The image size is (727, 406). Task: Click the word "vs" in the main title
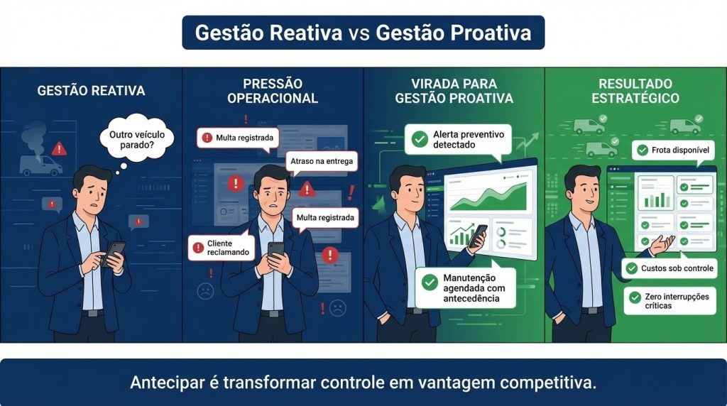pyautogui.click(x=359, y=33)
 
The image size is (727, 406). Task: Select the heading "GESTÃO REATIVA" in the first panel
pyautogui.click(x=91, y=91)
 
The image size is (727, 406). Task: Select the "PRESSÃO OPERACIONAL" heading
pyautogui.click(x=273, y=92)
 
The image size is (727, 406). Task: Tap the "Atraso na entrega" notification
pyautogui.click(x=321, y=162)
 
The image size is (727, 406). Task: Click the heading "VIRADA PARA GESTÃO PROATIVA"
pyautogui.click(x=454, y=92)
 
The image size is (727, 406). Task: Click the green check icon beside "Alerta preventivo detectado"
pyautogui.click(x=415, y=139)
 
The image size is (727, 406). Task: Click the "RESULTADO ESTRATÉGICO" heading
pyautogui.click(x=635, y=92)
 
